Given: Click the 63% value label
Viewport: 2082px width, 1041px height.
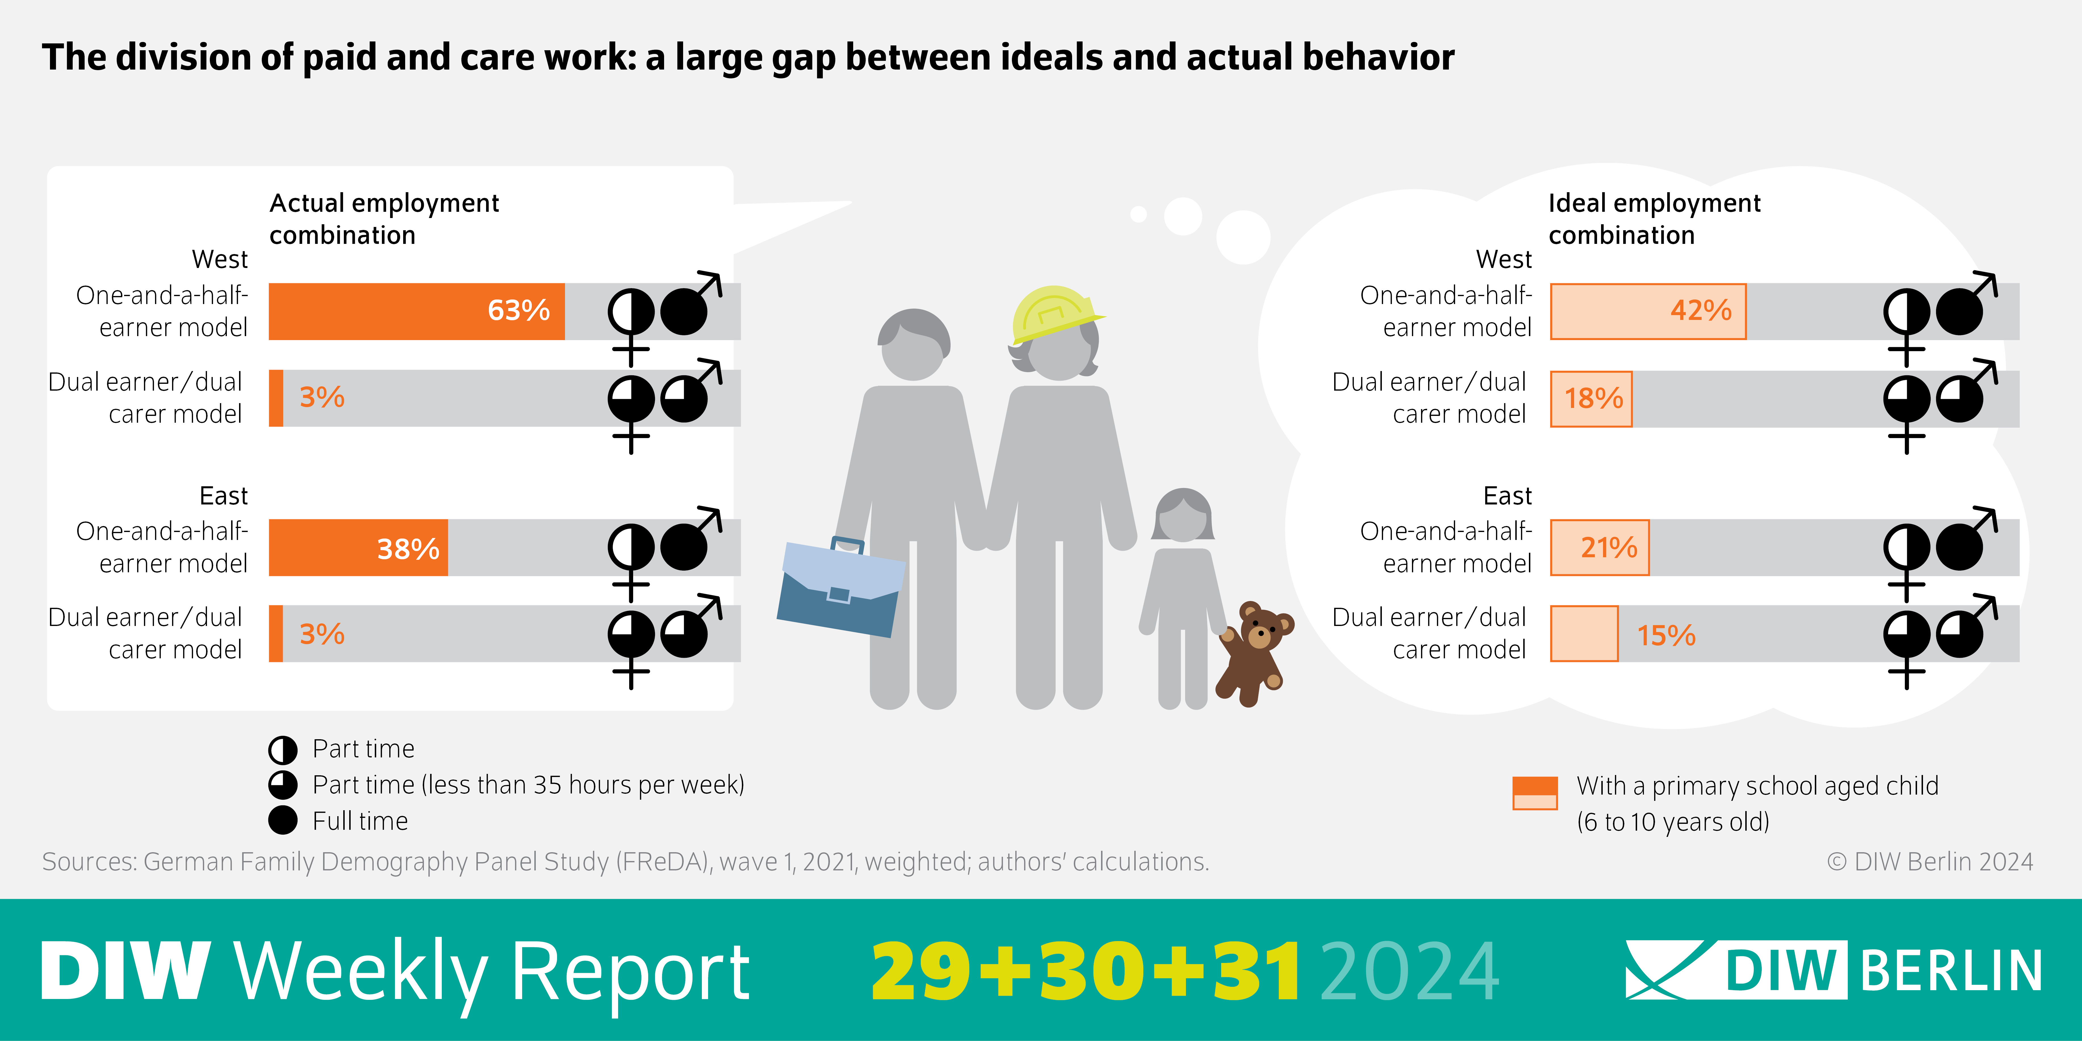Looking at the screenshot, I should pyautogui.click(x=518, y=310).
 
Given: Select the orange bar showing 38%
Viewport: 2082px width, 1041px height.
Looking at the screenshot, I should pyautogui.click(x=358, y=548).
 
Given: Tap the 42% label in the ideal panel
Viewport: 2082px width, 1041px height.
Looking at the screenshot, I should pyautogui.click(x=1700, y=310).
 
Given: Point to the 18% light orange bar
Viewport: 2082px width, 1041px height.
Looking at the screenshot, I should pyautogui.click(x=1591, y=399).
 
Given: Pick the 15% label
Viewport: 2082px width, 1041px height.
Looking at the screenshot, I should pyautogui.click(x=1666, y=635).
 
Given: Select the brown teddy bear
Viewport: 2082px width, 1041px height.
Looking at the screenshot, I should pyautogui.click(x=1254, y=651).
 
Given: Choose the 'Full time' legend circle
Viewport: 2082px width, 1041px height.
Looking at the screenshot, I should pyautogui.click(x=283, y=820).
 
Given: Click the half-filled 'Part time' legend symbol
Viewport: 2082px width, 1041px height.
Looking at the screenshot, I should pyautogui.click(x=283, y=749).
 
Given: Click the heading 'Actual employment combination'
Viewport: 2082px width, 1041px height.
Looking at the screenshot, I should pyautogui.click(x=384, y=218).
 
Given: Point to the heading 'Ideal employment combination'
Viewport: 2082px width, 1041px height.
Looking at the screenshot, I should pyautogui.click(x=1654, y=218).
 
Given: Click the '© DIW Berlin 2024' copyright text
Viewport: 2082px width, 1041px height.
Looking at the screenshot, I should pyautogui.click(x=1929, y=862).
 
